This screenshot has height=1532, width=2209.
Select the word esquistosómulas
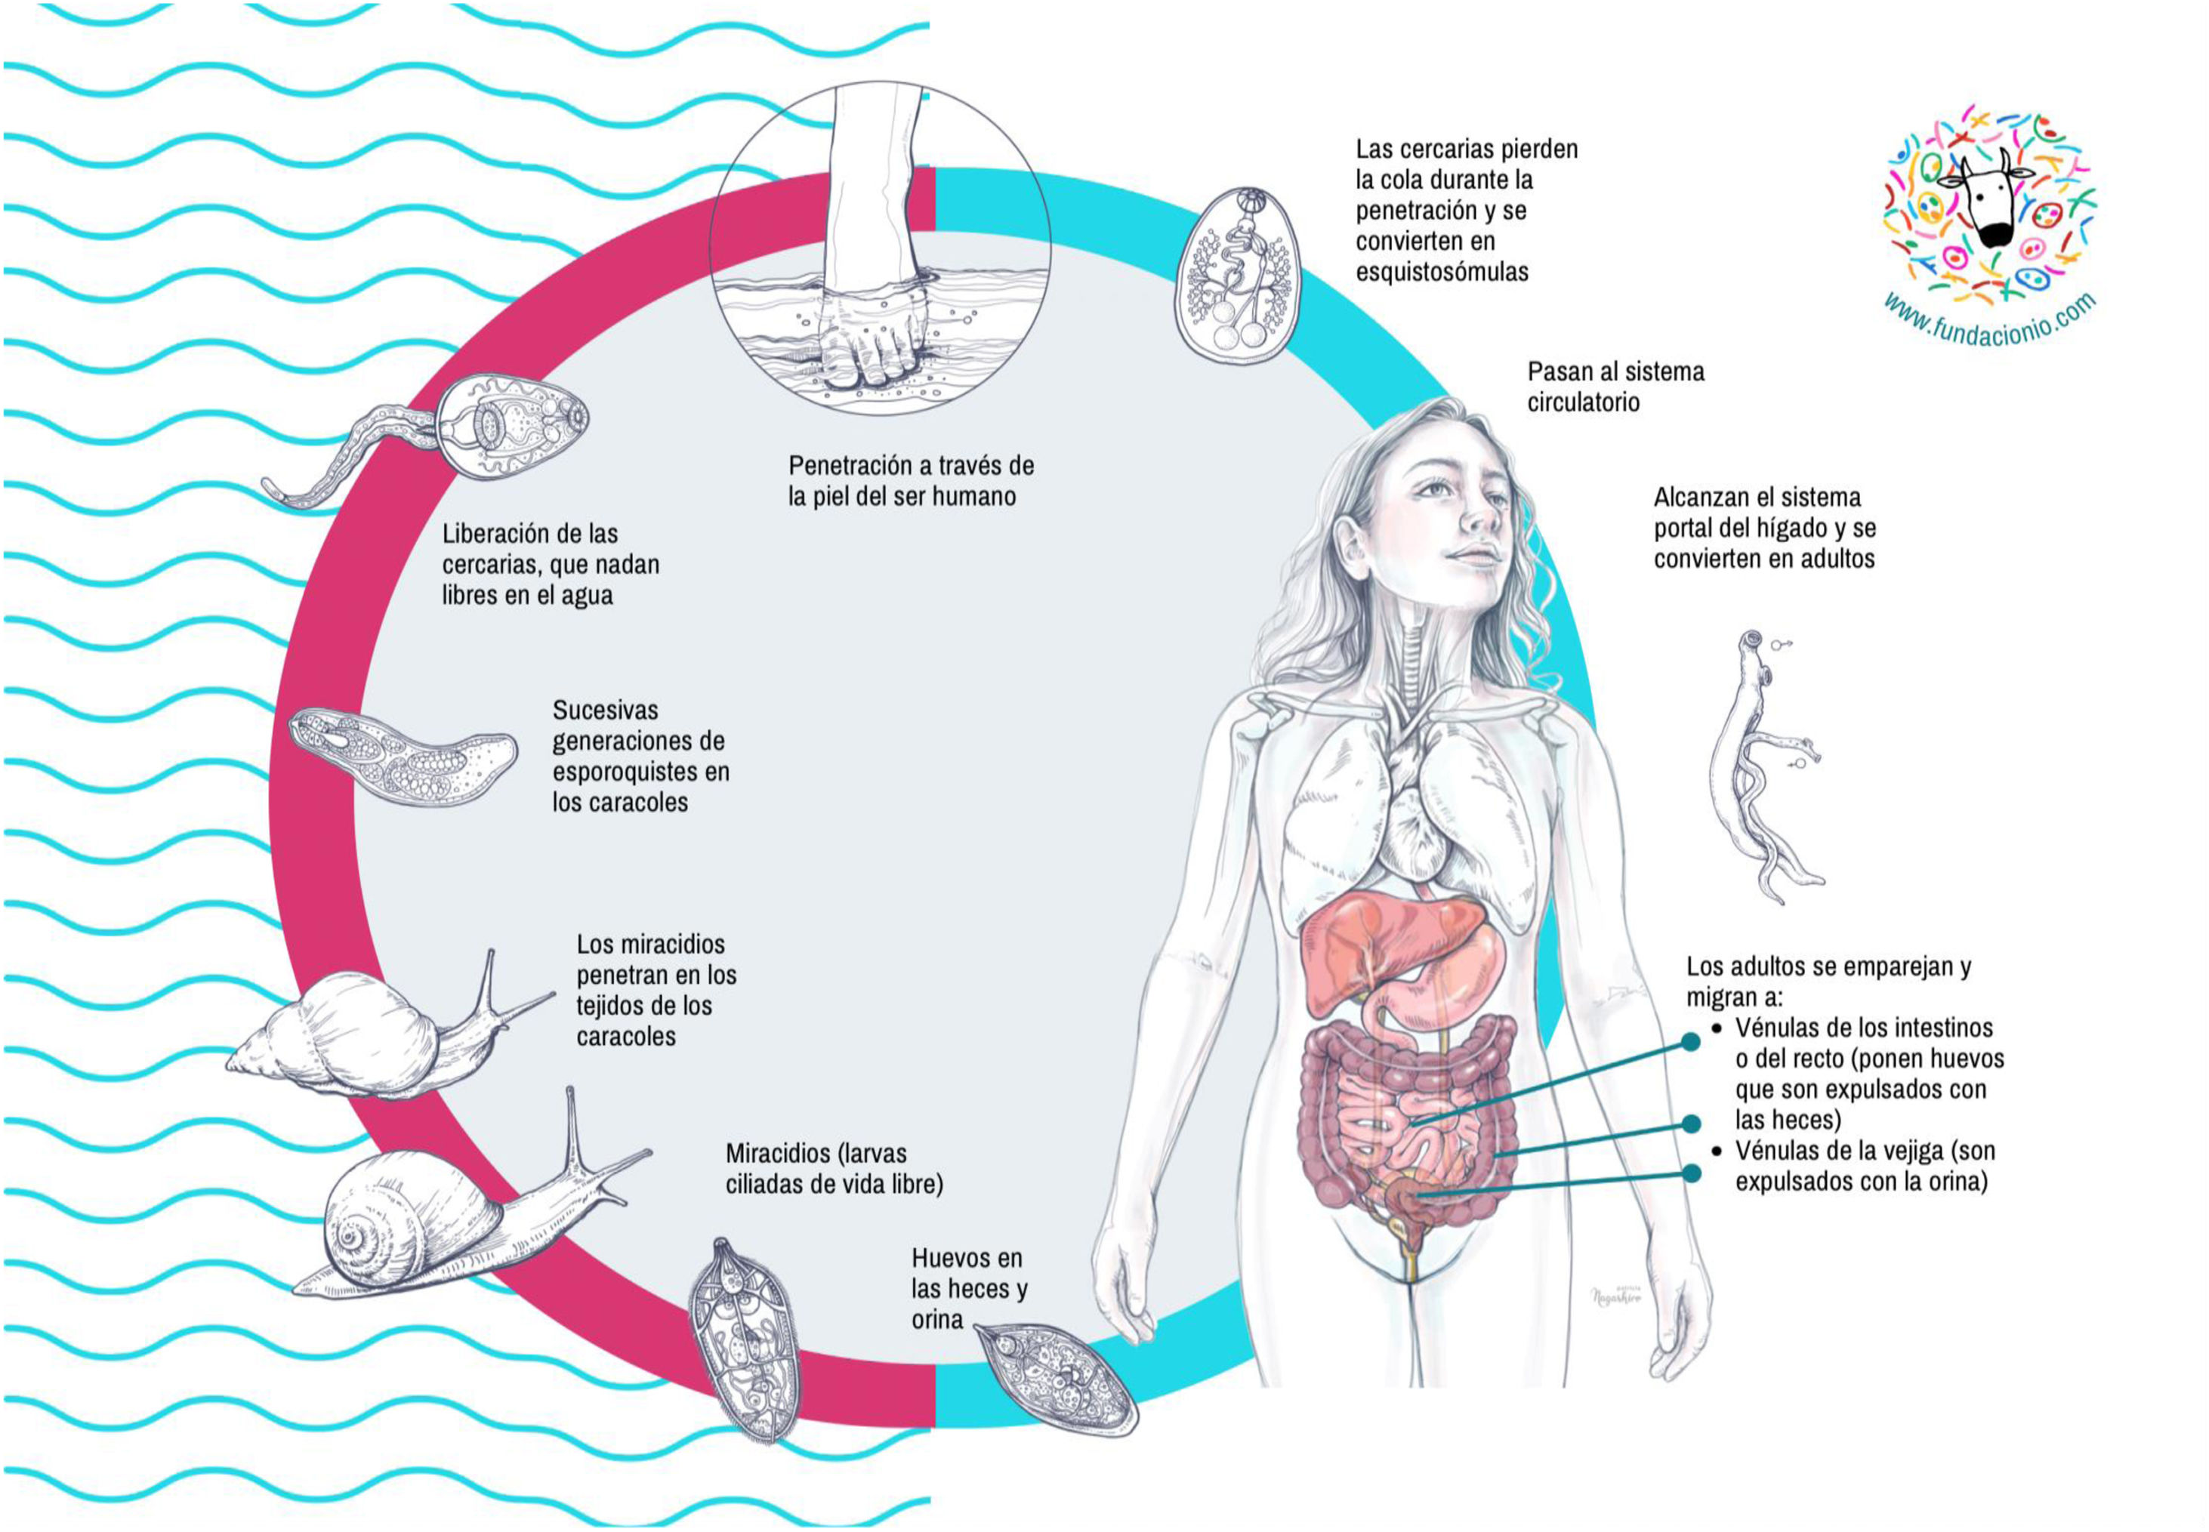1441,272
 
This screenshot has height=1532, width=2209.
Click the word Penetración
857,466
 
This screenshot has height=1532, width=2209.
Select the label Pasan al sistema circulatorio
1615,387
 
